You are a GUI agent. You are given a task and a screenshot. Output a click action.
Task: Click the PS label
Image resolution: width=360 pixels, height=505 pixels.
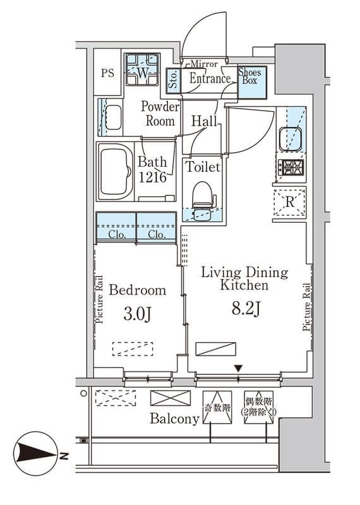pos(107,73)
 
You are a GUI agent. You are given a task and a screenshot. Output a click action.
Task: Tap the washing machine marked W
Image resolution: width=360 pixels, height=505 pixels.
pos(143,69)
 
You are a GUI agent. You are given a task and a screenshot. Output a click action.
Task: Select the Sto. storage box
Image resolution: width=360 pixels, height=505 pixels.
pos(174,81)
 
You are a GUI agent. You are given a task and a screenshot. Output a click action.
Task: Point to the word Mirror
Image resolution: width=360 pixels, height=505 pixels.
pos(205,64)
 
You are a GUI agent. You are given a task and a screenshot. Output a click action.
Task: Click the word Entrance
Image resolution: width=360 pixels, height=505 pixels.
pos(210,78)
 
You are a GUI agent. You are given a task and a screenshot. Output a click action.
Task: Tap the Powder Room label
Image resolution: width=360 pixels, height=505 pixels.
pos(160,114)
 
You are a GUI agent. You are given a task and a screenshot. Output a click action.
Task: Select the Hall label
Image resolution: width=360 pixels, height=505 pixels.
pos(204,121)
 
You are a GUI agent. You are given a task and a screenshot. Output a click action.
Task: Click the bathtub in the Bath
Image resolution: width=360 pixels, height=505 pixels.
pos(116,172)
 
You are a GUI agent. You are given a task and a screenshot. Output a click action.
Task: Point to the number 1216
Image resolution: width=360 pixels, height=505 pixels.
pos(152,177)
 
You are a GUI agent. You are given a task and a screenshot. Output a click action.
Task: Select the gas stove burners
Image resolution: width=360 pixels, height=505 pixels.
pos(291,167)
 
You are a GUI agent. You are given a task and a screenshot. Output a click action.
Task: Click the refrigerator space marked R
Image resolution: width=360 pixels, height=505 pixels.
pos(289,203)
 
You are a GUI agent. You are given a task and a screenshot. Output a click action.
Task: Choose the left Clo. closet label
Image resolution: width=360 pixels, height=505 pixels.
pos(117,234)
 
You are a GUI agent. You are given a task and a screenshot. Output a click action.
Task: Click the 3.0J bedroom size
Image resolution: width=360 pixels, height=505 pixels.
pos(137,314)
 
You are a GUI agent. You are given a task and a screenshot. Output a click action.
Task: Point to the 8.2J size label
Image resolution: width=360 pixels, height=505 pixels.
pos(246,309)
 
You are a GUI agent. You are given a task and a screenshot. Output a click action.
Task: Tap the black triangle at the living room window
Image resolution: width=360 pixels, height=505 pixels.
pos(238,368)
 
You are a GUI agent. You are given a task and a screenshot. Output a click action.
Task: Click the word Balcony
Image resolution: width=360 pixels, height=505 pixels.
pos(174,419)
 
